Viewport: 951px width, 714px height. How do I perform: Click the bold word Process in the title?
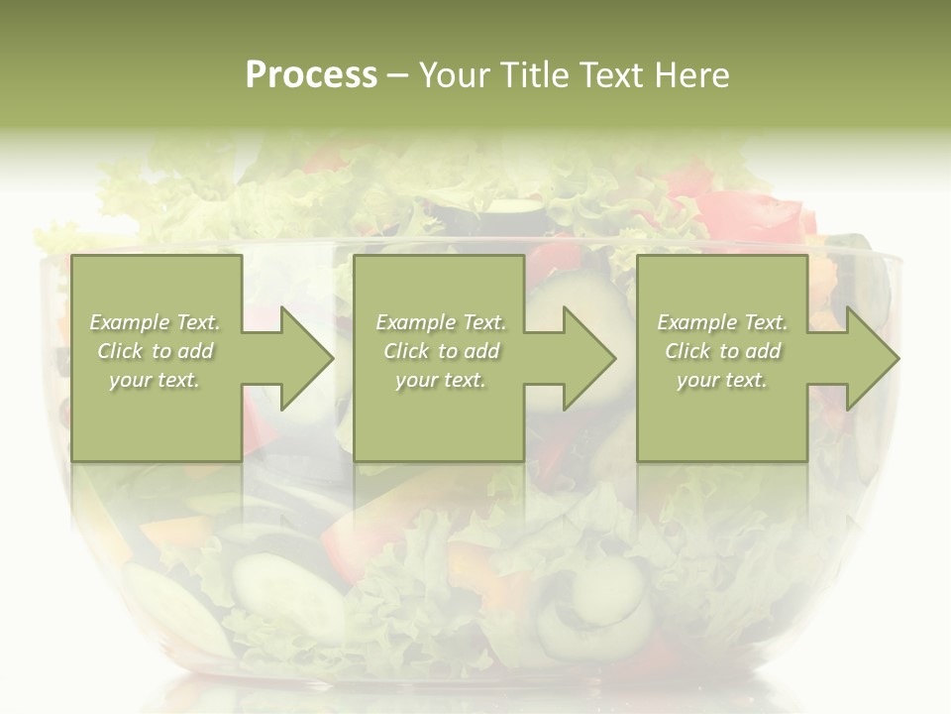(x=311, y=74)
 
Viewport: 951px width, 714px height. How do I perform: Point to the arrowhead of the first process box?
(x=307, y=358)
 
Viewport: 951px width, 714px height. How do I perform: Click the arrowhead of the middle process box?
(x=589, y=358)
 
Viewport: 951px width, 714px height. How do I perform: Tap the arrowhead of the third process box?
(x=873, y=358)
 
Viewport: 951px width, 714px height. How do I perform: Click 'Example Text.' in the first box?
(x=156, y=322)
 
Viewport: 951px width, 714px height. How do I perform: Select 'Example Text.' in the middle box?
(x=441, y=322)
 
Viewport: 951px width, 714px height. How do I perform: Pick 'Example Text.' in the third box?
(x=722, y=322)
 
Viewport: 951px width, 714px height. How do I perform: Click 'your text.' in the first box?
(x=155, y=380)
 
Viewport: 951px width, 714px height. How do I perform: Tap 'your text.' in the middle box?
(x=440, y=380)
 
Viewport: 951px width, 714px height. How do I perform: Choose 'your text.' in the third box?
(x=721, y=380)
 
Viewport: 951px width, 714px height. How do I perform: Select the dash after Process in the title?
(x=397, y=75)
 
